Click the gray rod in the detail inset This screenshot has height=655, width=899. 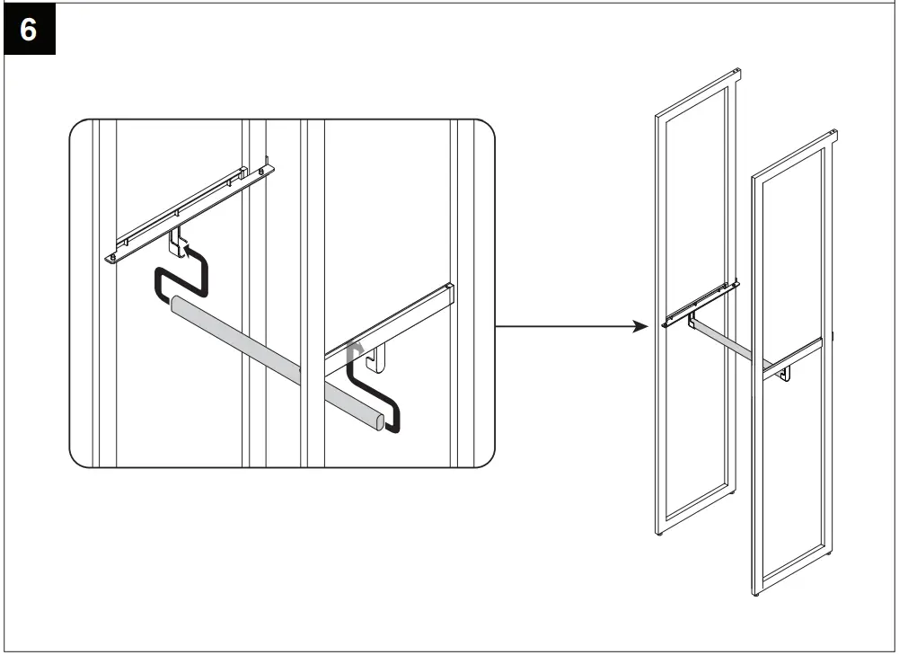[x=269, y=350]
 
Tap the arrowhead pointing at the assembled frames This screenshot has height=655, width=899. [x=639, y=326]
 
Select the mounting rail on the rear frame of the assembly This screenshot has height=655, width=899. [x=701, y=304]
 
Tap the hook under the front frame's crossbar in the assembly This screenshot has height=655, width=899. [x=785, y=372]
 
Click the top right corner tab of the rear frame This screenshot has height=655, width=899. [x=736, y=73]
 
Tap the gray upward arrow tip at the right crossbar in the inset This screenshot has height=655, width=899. [x=356, y=345]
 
